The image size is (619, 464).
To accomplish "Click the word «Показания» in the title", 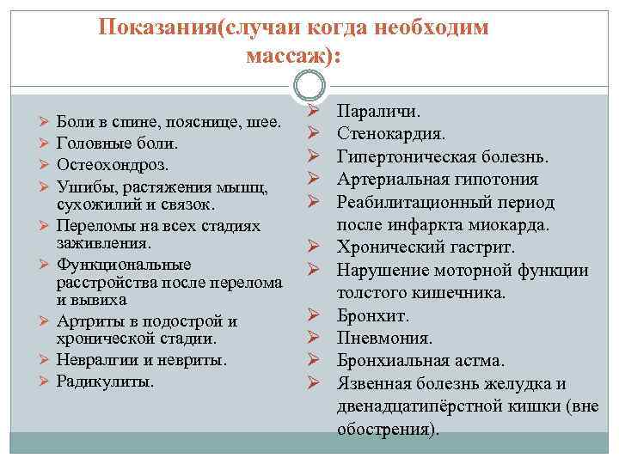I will point(158,27).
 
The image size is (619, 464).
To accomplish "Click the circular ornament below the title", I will point(309,87).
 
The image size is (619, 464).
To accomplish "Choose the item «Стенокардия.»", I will point(390,134).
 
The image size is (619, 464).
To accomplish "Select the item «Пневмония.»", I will point(383,338).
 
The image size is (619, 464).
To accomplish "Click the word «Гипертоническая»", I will point(406,157).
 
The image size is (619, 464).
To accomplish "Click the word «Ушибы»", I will point(80,185).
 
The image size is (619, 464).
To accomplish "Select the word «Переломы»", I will point(93,225).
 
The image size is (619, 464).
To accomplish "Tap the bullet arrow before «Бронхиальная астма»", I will point(314,360).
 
